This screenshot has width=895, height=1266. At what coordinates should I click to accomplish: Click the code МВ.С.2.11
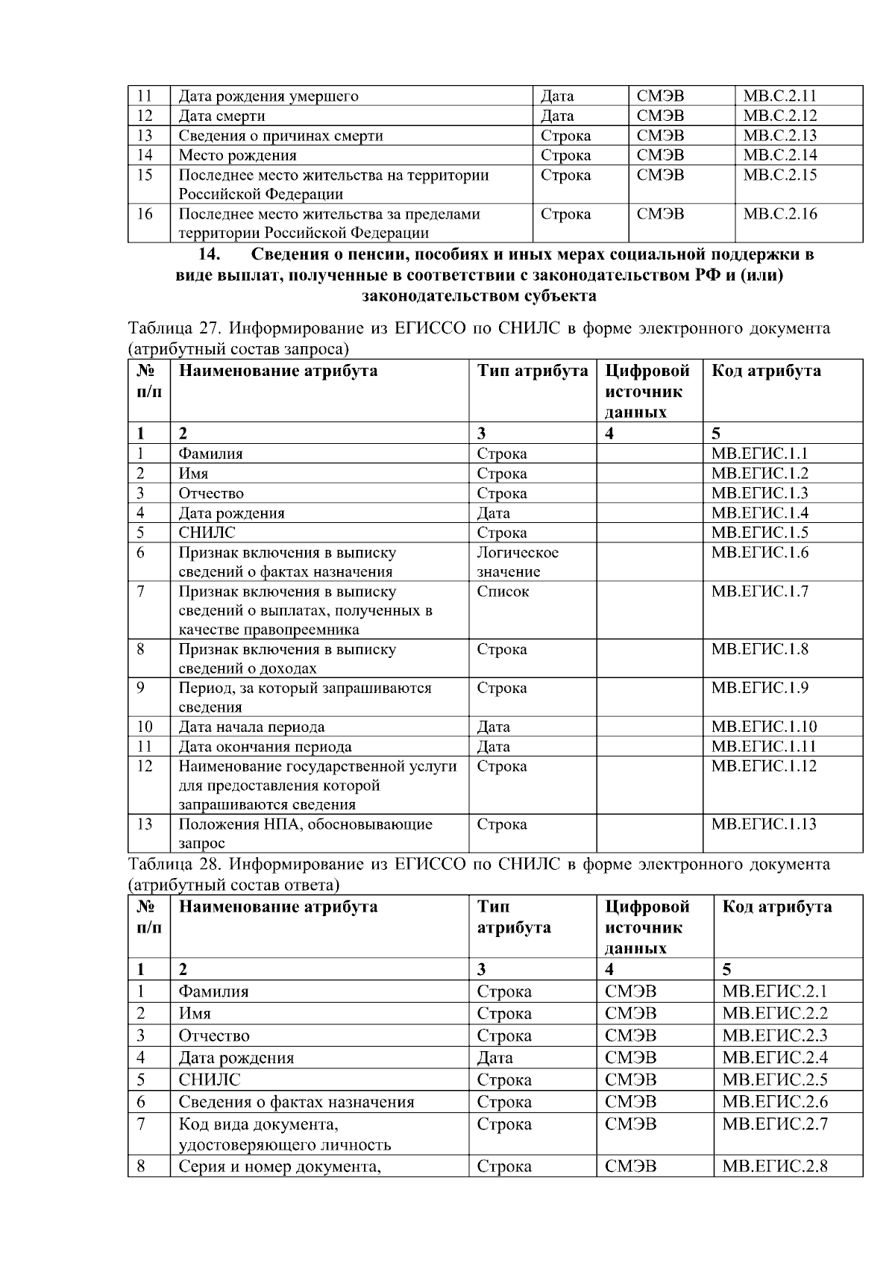pyautogui.click(x=779, y=95)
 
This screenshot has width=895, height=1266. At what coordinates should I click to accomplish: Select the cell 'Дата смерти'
pyautogui.click(x=222, y=116)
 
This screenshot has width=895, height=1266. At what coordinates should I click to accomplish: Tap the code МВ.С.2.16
pyautogui.click(x=779, y=214)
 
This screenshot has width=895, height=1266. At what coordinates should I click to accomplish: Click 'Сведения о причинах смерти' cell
pyautogui.click(x=280, y=136)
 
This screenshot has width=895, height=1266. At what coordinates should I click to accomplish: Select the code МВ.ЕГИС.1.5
pyautogui.click(x=759, y=533)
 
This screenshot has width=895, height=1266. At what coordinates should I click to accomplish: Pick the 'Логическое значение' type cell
pyautogui.click(x=518, y=563)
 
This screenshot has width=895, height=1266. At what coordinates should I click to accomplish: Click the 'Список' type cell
pyautogui.click(x=503, y=592)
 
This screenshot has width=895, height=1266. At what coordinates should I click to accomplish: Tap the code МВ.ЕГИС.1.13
pyautogui.click(x=763, y=824)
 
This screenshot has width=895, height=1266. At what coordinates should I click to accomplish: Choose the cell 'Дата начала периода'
pyautogui.click(x=251, y=727)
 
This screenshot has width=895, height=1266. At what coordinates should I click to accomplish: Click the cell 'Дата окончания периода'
pyautogui.click(x=265, y=747)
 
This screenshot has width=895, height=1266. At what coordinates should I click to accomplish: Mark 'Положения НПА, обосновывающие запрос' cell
pyautogui.click(x=305, y=833)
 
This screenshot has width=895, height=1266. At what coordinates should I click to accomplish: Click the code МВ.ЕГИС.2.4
pyautogui.click(x=775, y=1058)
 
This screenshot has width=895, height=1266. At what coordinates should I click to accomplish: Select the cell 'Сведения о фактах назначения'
pyautogui.click(x=296, y=1102)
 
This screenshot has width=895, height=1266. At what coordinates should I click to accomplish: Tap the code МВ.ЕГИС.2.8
pyautogui.click(x=775, y=1167)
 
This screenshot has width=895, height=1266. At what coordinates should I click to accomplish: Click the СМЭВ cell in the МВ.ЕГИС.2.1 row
pyautogui.click(x=631, y=991)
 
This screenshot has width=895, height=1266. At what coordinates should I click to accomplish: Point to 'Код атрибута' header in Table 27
pyautogui.click(x=766, y=371)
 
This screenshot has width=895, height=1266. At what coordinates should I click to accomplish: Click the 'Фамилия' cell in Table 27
pyautogui.click(x=210, y=454)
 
